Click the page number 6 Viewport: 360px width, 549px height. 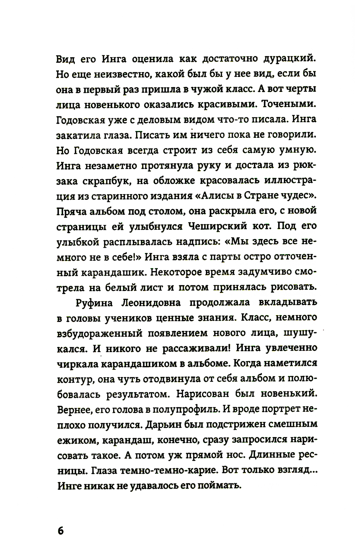(x=60, y=530)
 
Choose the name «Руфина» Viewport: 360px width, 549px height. (x=95, y=303)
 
